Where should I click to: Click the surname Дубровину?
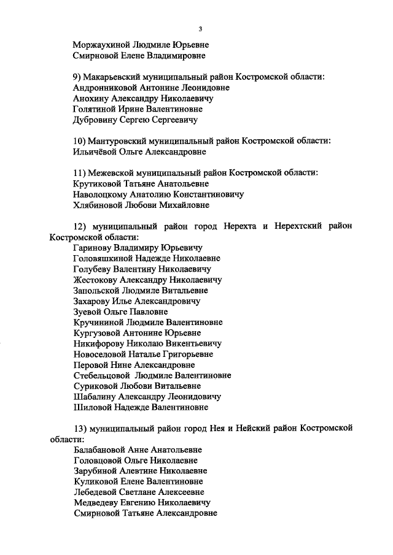93,120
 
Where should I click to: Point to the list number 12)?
81,226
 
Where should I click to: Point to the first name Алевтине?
152,471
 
